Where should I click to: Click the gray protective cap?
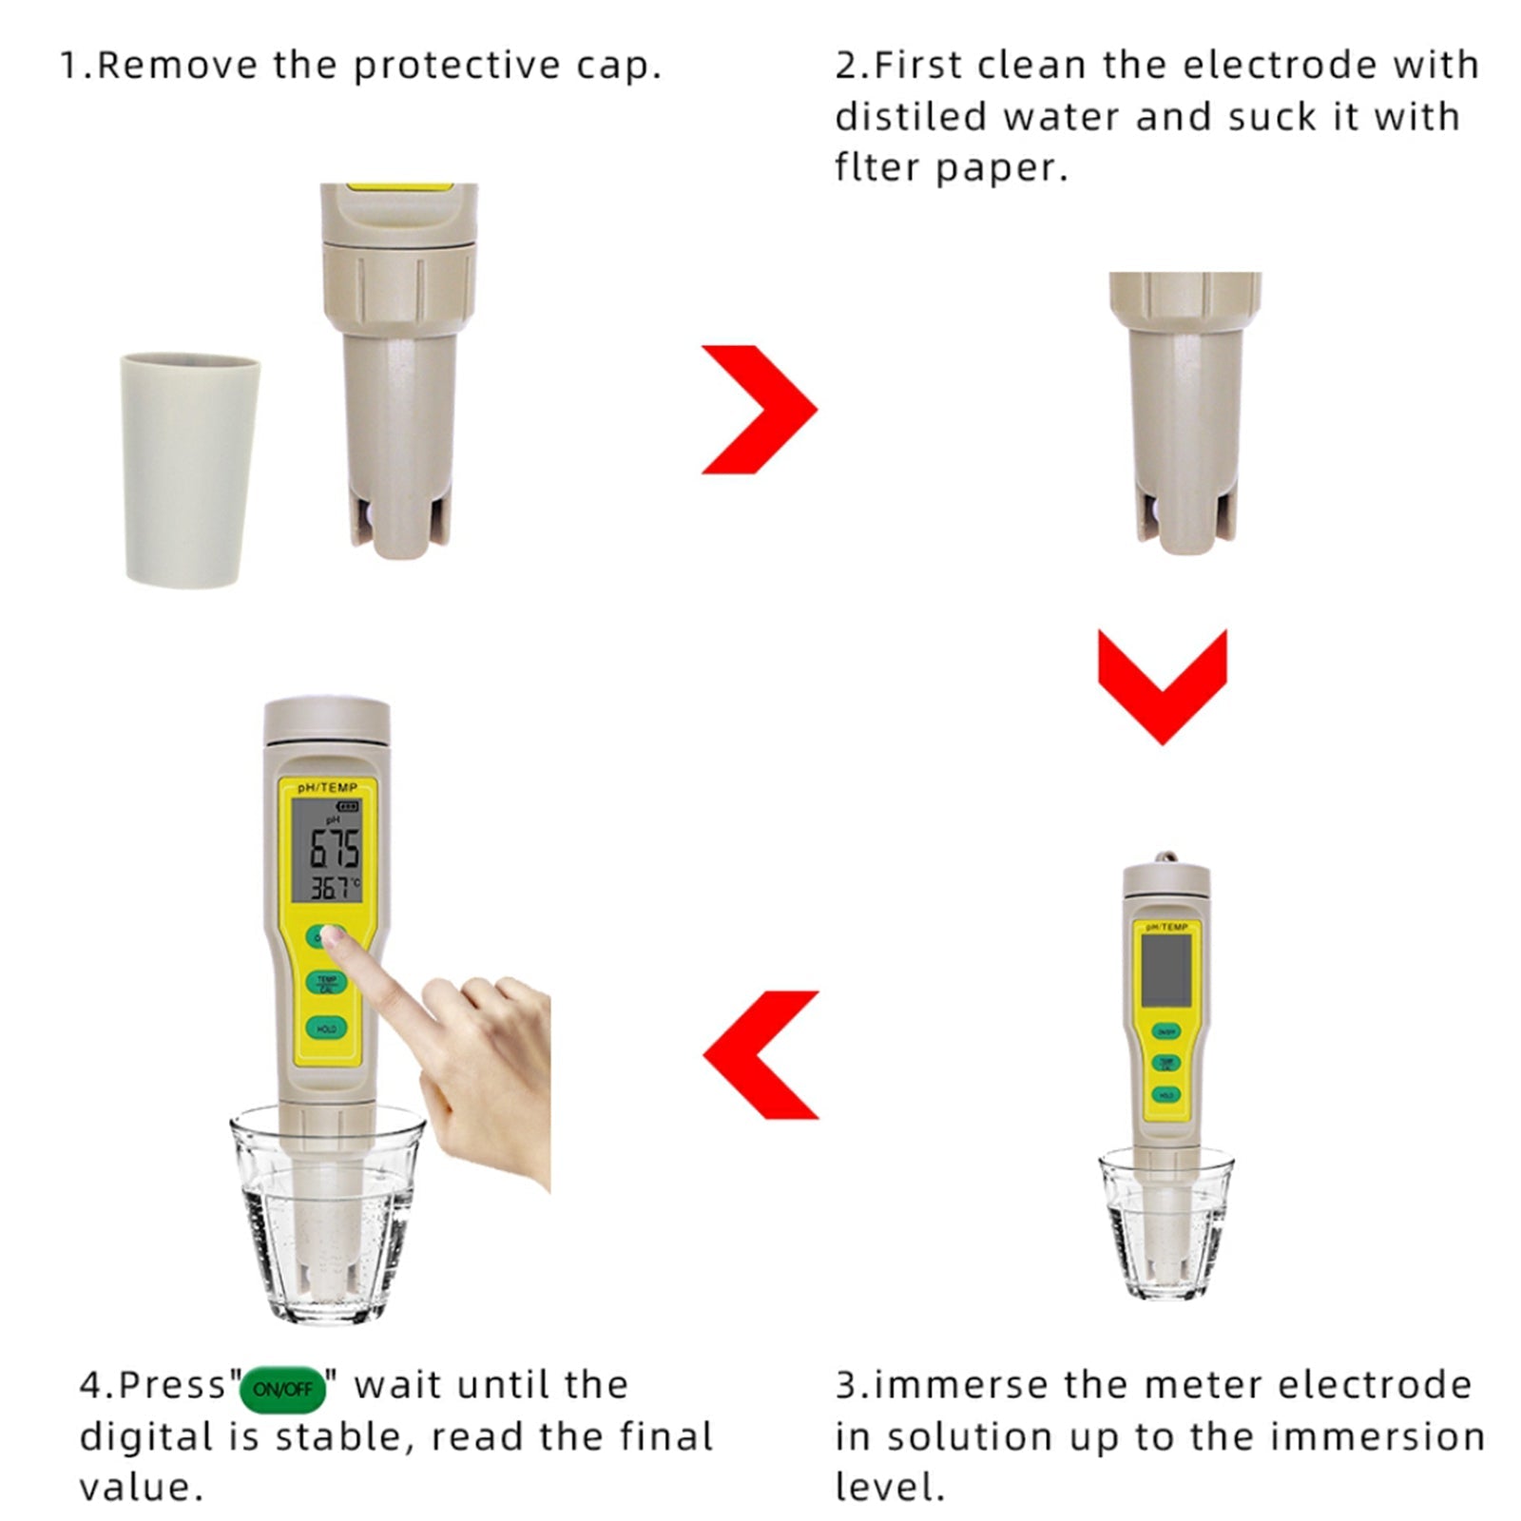pos(189,470)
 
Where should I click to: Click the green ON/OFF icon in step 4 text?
pos(282,1389)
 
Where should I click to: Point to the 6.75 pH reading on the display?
pos(335,848)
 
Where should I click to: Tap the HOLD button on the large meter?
pos(326,1029)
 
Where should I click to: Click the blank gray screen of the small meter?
pos(1165,969)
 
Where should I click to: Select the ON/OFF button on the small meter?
pos(1165,1031)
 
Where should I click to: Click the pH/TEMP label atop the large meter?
pos(327,787)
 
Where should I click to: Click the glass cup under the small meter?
pos(1165,1236)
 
